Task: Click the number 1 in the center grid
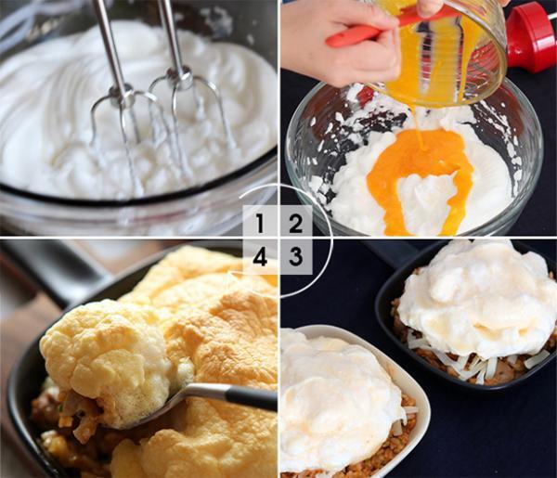tap(260, 223)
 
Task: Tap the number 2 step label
tap(295, 223)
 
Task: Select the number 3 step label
tap(295, 256)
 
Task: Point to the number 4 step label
tap(260, 256)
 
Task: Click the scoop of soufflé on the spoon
tap(107, 358)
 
